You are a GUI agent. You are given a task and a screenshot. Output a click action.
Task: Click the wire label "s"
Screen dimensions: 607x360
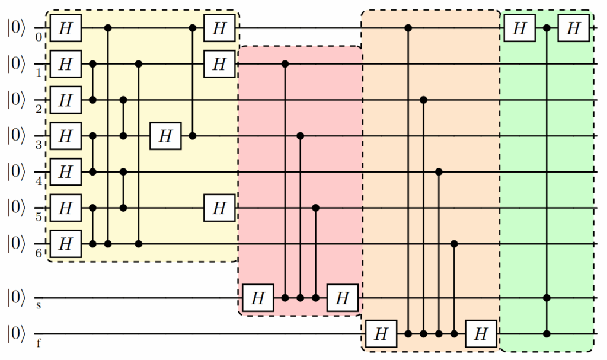[x=39, y=305]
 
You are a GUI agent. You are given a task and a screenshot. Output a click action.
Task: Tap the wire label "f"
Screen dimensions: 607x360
[x=39, y=343]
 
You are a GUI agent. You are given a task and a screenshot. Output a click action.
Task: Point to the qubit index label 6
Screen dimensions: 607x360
[x=39, y=253]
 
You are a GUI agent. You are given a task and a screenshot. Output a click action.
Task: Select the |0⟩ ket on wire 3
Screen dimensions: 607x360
[x=16, y=136]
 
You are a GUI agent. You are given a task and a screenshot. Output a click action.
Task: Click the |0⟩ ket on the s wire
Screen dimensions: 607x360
[x=16, y=298]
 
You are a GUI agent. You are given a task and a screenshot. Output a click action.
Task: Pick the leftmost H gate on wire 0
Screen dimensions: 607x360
[x=65, y=28]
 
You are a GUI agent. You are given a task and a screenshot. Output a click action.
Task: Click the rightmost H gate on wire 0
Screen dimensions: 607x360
[x=573, y=28]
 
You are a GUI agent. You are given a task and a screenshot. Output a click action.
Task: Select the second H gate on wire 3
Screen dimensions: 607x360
[x=166, y=136]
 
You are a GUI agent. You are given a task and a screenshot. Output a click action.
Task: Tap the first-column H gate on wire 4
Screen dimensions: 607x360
[x=65, y=171]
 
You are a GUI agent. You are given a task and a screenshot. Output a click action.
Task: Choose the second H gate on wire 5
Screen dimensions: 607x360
[x=219, y=208]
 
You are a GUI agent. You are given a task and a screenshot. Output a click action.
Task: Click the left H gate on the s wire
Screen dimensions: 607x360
[x=258, y=298]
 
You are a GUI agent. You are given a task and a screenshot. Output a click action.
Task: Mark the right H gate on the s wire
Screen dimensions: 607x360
[x=343, y=298]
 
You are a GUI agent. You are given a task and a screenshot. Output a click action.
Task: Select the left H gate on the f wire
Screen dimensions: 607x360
[x=381, y=334]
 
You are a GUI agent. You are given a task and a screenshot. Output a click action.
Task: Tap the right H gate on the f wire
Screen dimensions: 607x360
[x=481, y=334]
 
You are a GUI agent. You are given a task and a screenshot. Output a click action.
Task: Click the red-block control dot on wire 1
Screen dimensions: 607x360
[x=285, y=64]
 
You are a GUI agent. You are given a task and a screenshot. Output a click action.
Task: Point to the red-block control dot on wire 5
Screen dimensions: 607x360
[x=315, y=208]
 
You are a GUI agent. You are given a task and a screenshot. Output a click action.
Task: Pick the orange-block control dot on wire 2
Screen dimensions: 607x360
[x=423, y=100]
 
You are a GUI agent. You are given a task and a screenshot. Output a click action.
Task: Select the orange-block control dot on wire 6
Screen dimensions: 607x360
[x=454, y=244]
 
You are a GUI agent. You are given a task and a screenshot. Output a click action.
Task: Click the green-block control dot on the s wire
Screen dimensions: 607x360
[x=547, y=298]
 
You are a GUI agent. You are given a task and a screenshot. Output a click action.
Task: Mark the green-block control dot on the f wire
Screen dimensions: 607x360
[x=547, y=334]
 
